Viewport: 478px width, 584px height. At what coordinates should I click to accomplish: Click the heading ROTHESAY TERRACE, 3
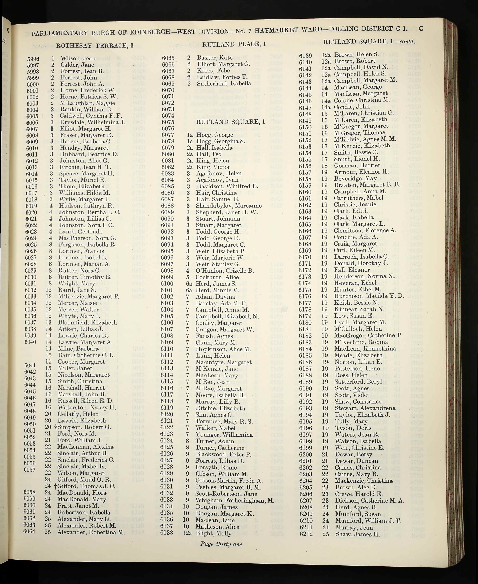(x=95, y=45)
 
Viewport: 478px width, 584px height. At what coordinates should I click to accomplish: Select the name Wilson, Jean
(x=78, y=58)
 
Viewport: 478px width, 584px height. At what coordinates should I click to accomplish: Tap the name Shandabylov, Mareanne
(x=229, y=206)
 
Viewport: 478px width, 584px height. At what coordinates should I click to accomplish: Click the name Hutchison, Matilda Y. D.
(x=369, y=296)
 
